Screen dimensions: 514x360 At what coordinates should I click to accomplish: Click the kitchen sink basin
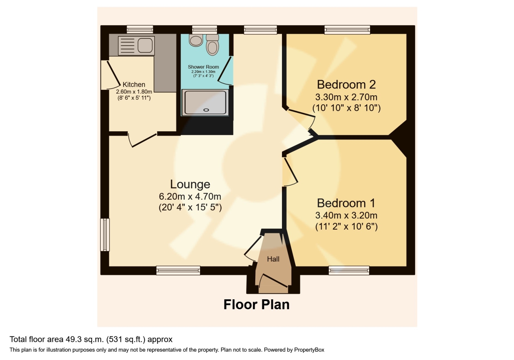(145, 46)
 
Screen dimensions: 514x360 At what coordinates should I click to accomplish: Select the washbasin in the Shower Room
(196, 40)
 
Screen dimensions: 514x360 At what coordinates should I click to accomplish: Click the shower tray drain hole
(206, 110)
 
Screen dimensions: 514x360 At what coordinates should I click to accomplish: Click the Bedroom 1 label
(346, 203)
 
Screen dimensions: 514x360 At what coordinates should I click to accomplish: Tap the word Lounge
(190, 184)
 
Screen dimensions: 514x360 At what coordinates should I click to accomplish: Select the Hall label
(273, 259)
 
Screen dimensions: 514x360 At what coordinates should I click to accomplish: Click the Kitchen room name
(134, 84)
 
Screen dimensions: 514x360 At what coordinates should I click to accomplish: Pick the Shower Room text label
(203, 67)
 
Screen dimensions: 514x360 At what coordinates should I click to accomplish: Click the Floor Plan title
(257, 305)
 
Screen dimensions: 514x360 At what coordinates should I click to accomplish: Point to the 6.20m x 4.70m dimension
(190, 196)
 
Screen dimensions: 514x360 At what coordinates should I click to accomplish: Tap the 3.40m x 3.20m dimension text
(346, 215)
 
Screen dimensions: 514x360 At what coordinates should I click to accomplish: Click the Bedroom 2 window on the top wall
(347, 30)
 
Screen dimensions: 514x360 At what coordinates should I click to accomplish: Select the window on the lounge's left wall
(105, 235)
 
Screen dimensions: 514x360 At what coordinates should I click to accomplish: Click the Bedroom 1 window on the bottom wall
(349, 271)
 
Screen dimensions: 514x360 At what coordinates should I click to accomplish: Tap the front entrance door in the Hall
(273, 281)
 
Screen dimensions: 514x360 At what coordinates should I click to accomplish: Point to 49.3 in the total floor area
(73, 339)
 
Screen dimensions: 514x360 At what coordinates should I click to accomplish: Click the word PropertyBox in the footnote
(309, 350)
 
